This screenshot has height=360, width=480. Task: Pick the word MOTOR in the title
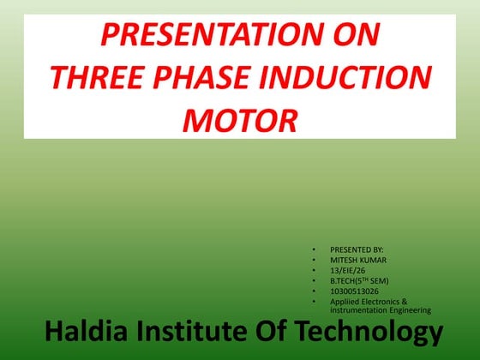pyautogui.click(x=239, y=119)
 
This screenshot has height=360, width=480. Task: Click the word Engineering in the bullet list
pyautogui.click(x=407, y=309)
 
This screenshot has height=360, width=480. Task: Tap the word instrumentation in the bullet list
pyautogui.click(x=356, y=309)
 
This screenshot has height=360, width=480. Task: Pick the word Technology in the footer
pyautogui.click(x=374, y=333)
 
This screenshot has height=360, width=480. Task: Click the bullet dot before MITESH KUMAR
pyautogui.click(x=314, y=259)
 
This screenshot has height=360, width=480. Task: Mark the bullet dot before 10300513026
pyautogui.click(x=314, y=291)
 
